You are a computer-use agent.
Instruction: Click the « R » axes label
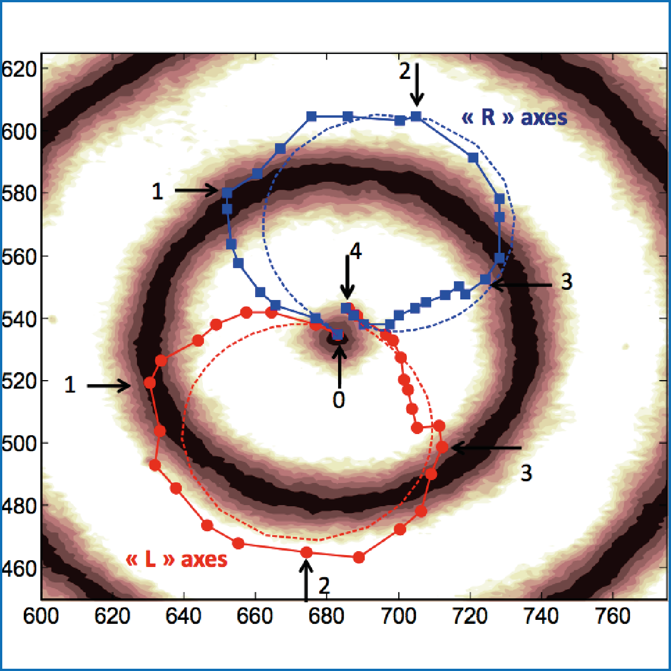pyautogui.click(x=514, y=118)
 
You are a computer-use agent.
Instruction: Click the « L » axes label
pyautogui.click(x=176, y=560)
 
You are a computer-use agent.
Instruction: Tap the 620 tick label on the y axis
pyautogui.click(x=19, y=69)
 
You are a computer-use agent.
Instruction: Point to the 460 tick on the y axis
pyautogui.click(x=19, y=568)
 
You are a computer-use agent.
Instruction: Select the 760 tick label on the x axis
pyautogui.click(x=613, y=616)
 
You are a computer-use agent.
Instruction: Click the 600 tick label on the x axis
pyautogui.click(x=41, y=616)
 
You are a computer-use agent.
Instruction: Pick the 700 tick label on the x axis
pyautogui.click(x=399, y=616)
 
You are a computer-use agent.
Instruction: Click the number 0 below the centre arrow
pyautogui.click(x=339, y=400)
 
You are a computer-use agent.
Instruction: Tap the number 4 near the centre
pyautogui.click(x=356, y=252)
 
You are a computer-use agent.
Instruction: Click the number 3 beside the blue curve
pyautogui.click(x=566, y=282)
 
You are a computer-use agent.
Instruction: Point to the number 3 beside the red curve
pyautogui.click(x=526, y=473)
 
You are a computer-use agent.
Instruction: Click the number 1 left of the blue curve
pyautogui.click(x=157, y=192)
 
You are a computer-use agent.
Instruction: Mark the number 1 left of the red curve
pyautogui.click(x=70, y=385)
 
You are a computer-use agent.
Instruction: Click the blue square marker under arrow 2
pyautogui.click(x=416, y=116)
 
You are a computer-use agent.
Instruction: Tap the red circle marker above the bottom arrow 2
pyautogui.click(x=306, y=552)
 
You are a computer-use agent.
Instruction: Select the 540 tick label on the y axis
pyautogui.click(x=19, y=319)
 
